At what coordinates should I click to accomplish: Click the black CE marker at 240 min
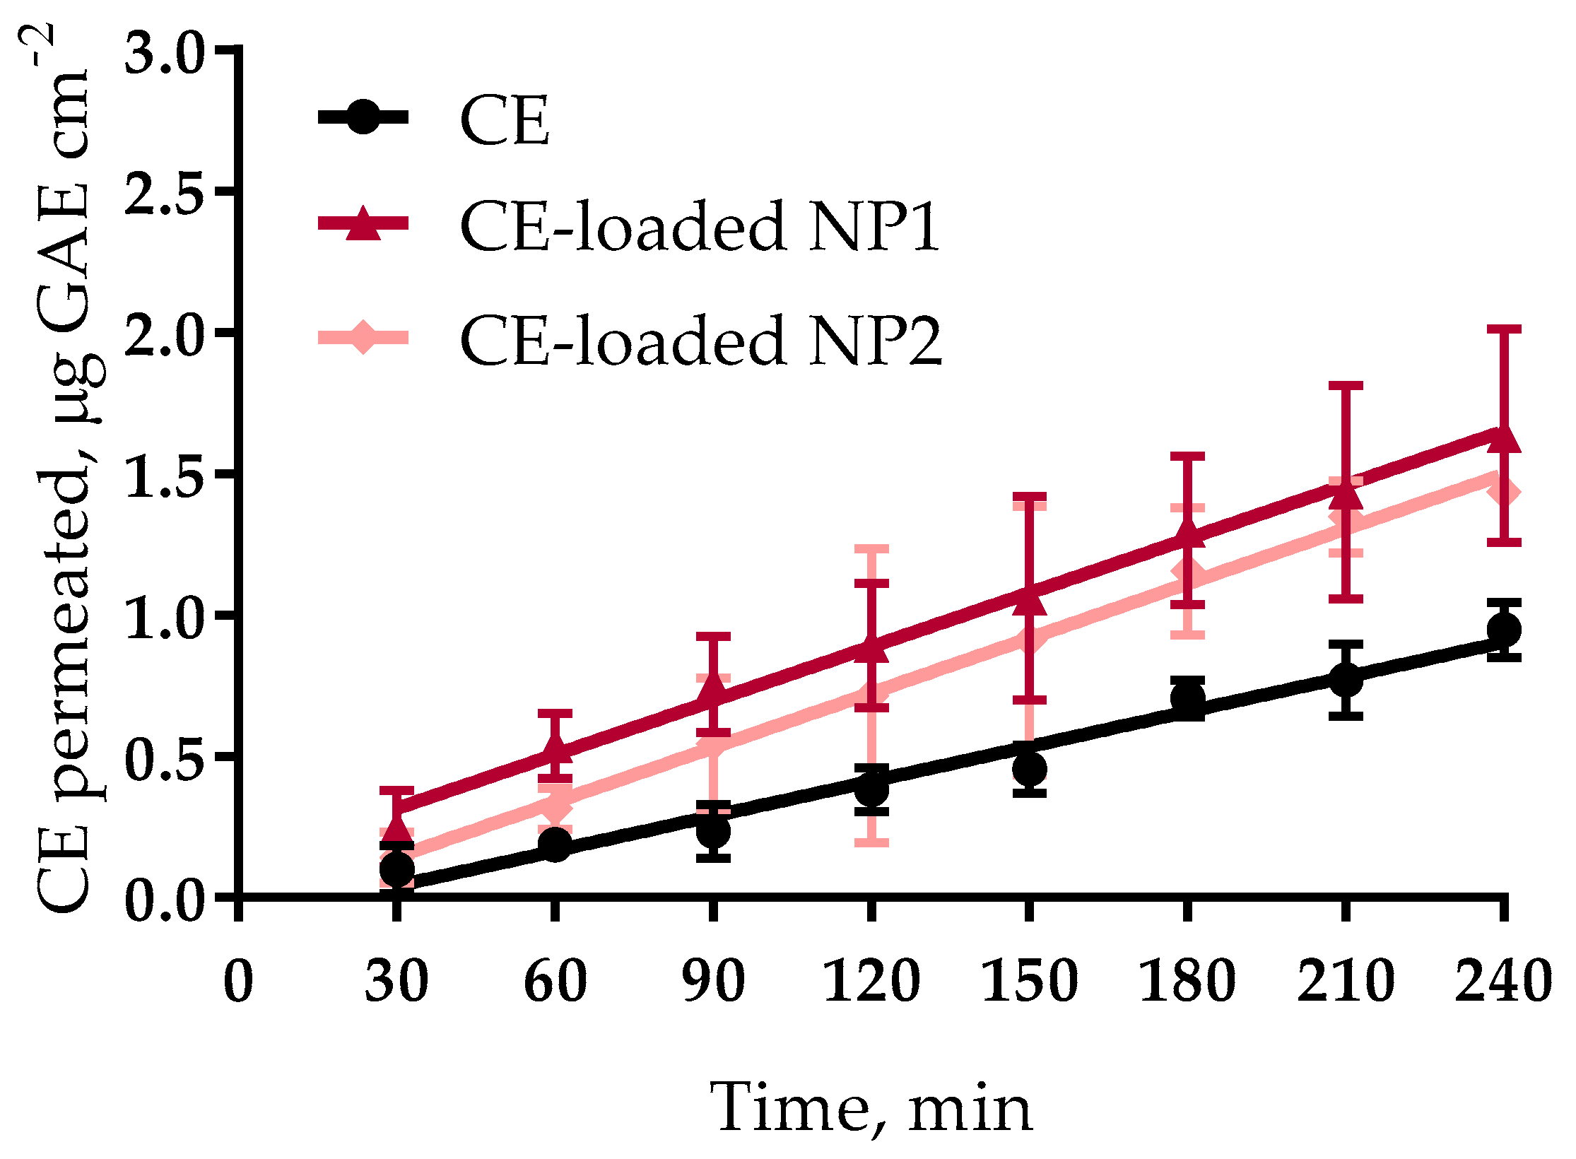click(x=1503, y=629)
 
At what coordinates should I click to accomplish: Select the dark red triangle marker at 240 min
click(x=1503, y=438)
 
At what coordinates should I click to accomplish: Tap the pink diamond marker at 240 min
click(x=1503, y=491)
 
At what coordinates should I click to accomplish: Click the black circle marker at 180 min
click(x=1187, y=698)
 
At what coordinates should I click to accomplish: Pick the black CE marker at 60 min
click(x=555, y=844)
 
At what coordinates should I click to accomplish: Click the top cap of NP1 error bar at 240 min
click(x=1503, y=329)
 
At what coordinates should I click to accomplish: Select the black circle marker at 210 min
click(x=1346, y=680)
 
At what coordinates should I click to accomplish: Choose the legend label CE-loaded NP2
click(x=700, y=341)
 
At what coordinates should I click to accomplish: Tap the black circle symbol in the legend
click(x=363, y=117)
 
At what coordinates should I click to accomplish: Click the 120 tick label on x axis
click(x=871, y=981)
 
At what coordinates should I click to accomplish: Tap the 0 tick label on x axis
click(x=238, y=981)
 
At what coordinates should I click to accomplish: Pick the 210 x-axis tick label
click(x=1346, y=981)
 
